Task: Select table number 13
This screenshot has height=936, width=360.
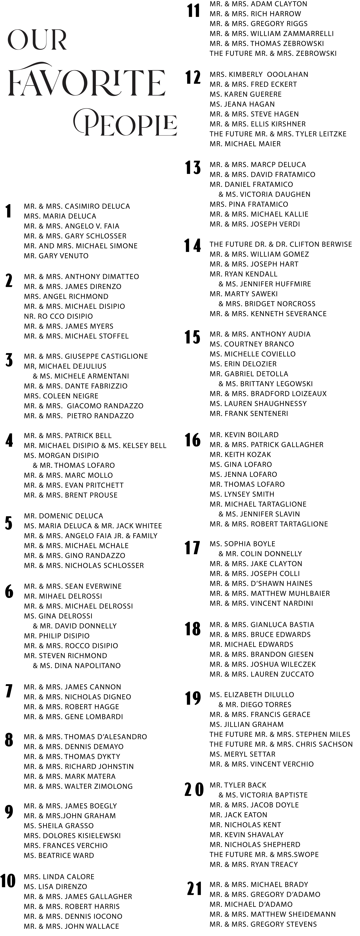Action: click(193, 168)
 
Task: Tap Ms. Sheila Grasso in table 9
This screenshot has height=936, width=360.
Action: click(59, 826)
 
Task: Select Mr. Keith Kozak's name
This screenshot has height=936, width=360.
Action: click(240, 455)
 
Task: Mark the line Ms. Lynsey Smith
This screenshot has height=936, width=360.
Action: click(242, 494)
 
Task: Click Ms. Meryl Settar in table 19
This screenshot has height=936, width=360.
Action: click(243, 754)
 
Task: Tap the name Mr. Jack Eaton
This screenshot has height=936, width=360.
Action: click(238, 815)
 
